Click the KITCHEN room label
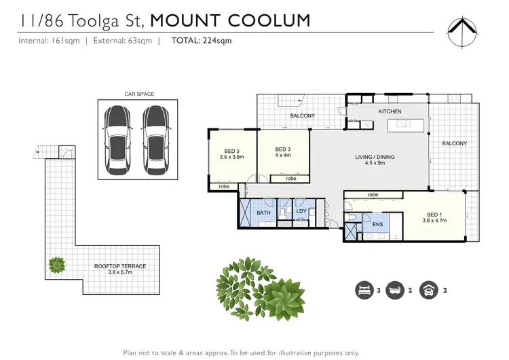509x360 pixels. (x=390, y=111)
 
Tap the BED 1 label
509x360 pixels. (x=432, y=213)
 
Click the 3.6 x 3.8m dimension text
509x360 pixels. (x=231, y=157)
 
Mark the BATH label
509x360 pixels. (x=263, y=213)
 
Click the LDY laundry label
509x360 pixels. (x=302, y=211)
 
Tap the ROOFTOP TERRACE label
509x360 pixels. (x=120, y=266)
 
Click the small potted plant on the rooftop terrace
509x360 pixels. (x=57, y=263)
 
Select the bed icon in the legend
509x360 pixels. (x=364, y=290)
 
